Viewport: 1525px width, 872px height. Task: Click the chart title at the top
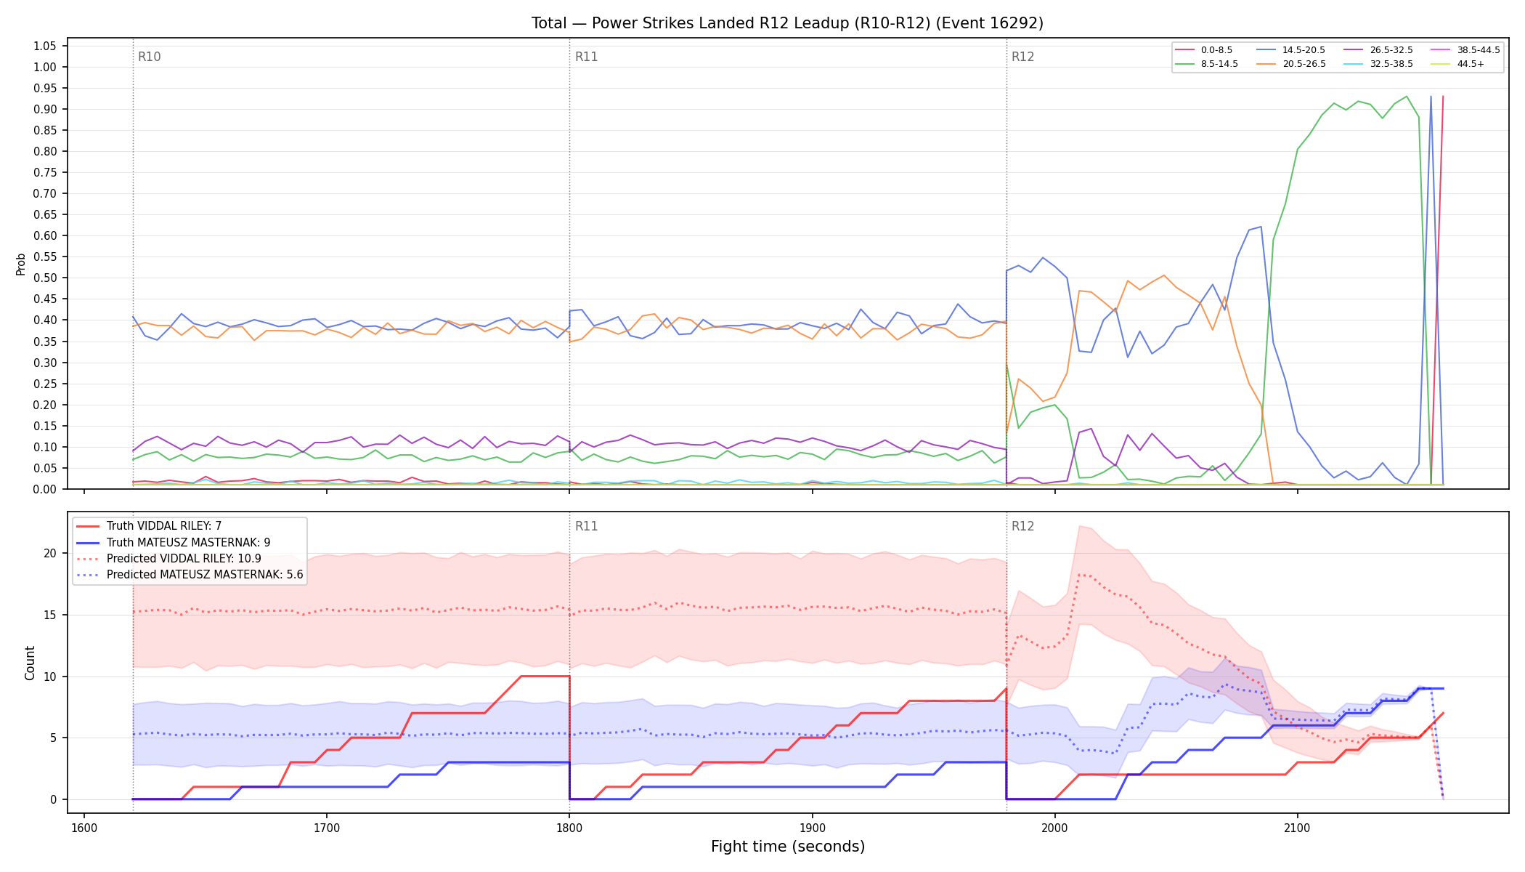point(787,23)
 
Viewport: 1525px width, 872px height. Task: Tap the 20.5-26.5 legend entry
point(1291,64)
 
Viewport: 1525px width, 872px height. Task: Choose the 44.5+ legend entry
point(1458,64)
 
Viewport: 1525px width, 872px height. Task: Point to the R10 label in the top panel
point(149,57)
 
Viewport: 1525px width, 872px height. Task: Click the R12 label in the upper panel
point(1022,57)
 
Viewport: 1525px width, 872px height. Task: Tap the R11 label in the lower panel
point(586,526)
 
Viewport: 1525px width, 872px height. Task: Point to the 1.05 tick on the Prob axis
point(45,46)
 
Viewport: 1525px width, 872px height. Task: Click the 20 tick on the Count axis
point(49,553)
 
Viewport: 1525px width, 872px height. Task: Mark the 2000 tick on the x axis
point(1054,827)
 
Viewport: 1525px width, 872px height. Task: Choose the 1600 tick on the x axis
point(84,827)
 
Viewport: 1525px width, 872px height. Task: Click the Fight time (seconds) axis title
point(788,847)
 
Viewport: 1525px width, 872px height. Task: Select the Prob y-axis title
point(21,264)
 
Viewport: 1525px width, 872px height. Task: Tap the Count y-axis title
point(30,663)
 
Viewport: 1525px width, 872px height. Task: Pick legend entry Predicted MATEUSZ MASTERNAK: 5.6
point(190,574)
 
